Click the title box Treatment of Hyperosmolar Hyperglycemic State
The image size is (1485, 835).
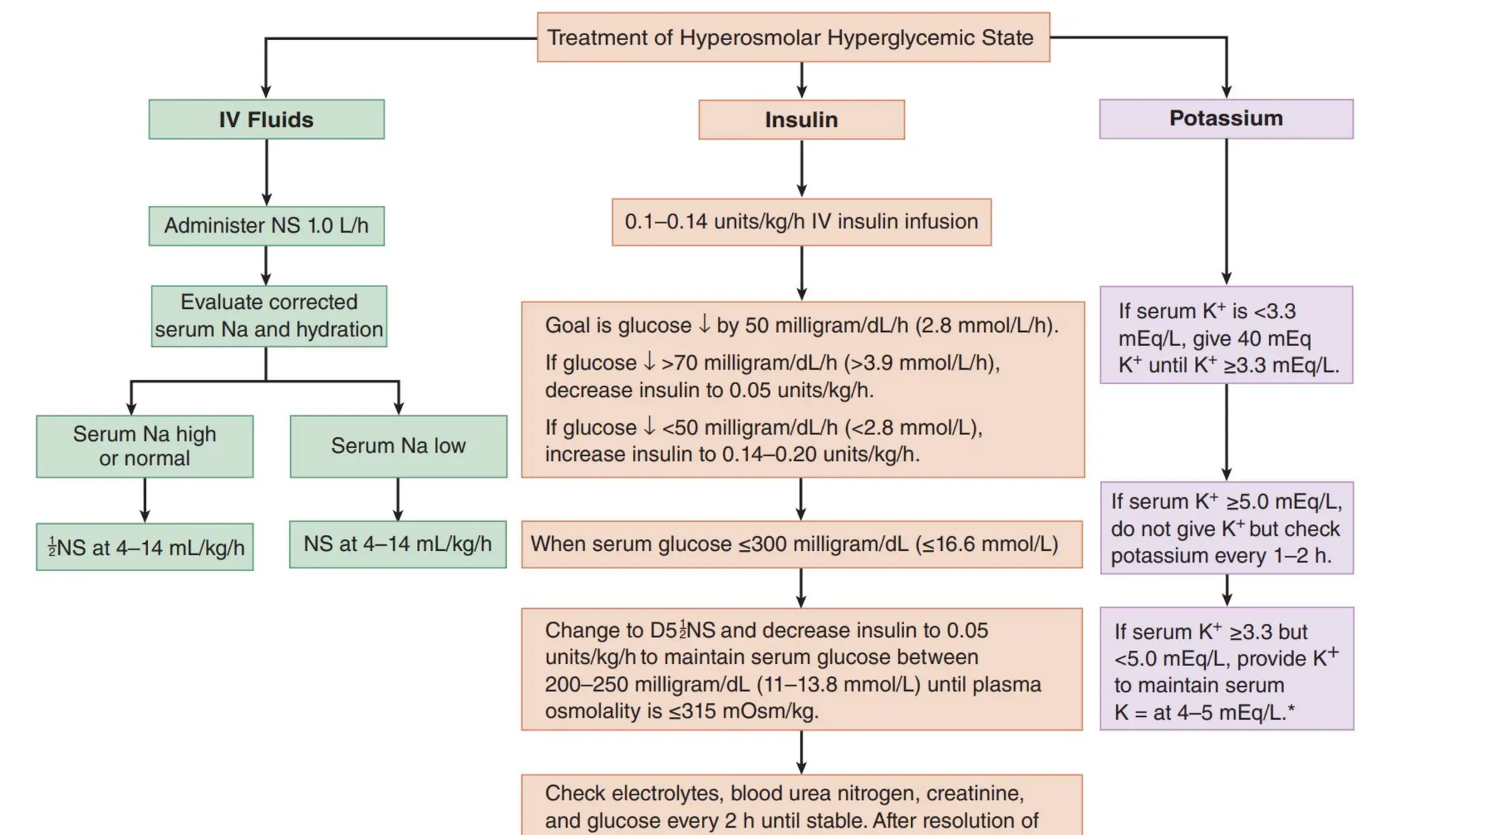793,38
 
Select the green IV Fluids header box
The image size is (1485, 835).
266,120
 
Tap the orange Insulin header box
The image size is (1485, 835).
801,120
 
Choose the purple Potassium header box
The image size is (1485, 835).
1225,119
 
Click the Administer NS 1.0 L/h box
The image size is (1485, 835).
266,226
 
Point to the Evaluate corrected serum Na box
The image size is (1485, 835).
268,316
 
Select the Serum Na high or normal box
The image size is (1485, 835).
144,446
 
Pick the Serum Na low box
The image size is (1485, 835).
398,446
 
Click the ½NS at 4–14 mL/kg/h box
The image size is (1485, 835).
145,547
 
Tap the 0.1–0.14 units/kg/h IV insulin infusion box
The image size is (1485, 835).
801,222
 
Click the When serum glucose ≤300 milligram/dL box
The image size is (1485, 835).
801,544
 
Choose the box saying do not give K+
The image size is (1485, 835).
1225,528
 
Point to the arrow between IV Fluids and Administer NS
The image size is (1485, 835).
266,173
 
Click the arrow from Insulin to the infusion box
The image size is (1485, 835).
801,169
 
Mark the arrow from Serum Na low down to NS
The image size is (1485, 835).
397,499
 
